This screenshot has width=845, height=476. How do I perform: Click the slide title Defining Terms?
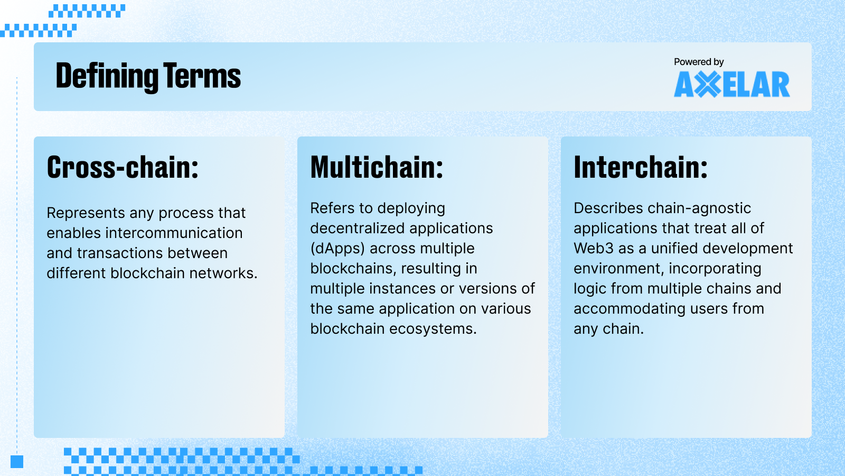pyautogui.click(x=148, y=76)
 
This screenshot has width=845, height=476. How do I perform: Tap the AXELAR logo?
pyautogui.click(x=731, y=85)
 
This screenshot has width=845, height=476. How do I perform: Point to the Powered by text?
pyautogui.click(x=698, y=62)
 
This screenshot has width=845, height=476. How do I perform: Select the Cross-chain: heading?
pyautogui.click(x=123, y=168)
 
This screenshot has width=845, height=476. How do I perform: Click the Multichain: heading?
pyautogui.click(x=377, y=168)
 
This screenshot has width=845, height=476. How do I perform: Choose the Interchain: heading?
pyautogui.click(x=640, y=168)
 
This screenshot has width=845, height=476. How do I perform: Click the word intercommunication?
pyautogui.click(x=174, y=233)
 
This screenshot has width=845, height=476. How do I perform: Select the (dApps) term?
pyautogui.click(x=337, y=249)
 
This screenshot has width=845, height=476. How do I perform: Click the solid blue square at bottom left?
pyautogui.click(x=17, y=462)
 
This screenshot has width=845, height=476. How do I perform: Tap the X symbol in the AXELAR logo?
pyautogui.click(x=707, y=85)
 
